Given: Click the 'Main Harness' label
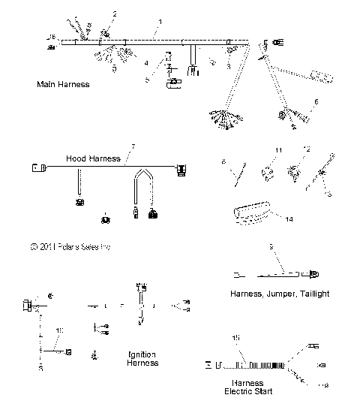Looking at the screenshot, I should (63, 84).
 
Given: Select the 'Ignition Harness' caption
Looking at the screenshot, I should (142, 358).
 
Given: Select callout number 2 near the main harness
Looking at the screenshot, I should (115, 14).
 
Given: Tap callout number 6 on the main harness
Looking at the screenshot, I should (316, 100).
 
